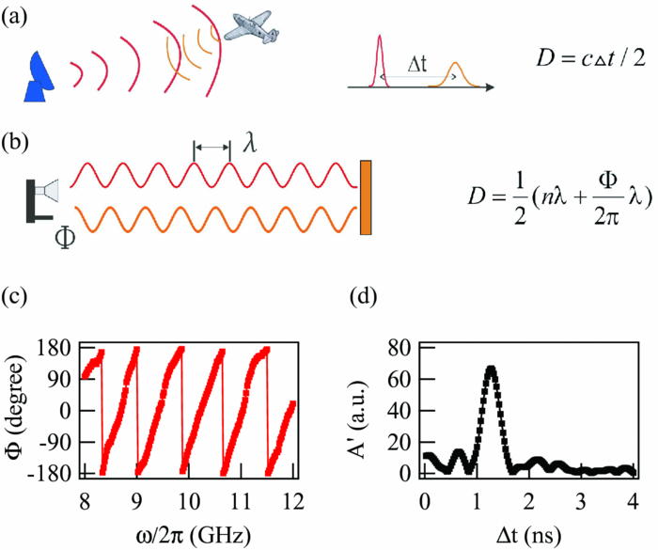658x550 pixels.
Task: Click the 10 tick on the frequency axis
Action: pos(188,495)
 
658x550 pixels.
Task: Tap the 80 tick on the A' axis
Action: pos(399,347)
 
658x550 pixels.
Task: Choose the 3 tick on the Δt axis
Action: pos(582,495)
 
